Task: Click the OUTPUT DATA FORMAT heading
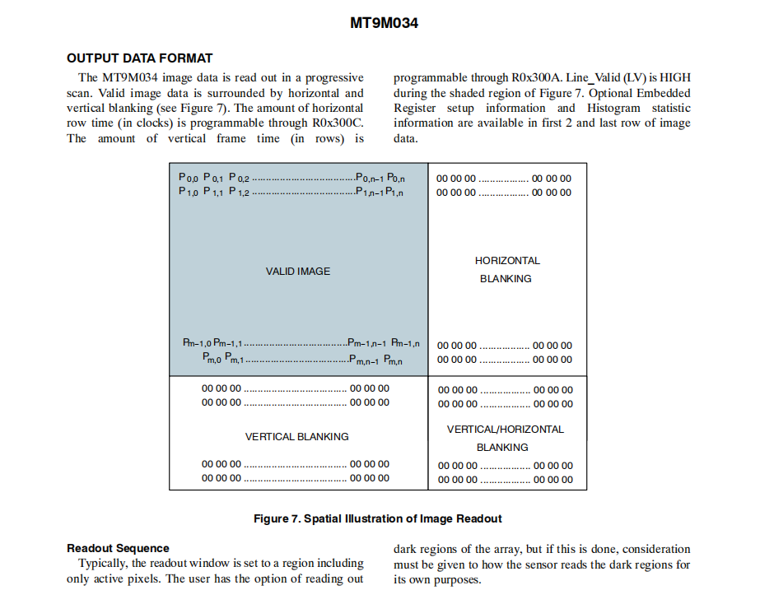(139, 58)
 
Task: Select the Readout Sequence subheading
(118, 548)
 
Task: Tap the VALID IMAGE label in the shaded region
(298, 271)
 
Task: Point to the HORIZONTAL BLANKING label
(507, 269)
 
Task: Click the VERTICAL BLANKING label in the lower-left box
(296, 436)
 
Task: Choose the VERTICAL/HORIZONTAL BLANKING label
(505, 438)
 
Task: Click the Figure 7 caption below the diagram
(378, 518)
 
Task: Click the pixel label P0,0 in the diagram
(189, 178)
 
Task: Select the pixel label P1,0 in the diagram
(189, 192)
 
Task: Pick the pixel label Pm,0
(212, 359)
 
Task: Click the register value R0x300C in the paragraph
(338, 123)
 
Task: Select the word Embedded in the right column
(664, 93)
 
